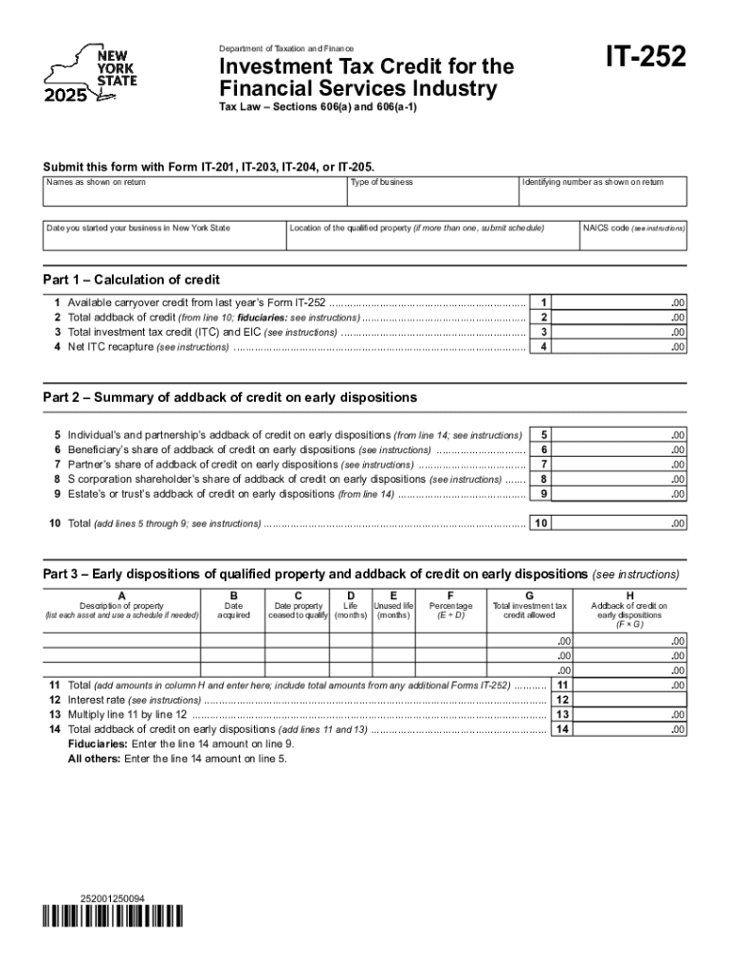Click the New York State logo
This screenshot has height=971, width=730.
[x=90, y=73]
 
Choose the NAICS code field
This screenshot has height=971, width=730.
[x=633, y=236]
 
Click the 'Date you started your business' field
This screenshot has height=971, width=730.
[x=164, y=236]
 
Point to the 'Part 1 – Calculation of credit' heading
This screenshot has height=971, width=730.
[x=132, y=280]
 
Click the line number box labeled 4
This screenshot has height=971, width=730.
[x=543, y=347]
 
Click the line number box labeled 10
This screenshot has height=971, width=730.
[x=540, y=523]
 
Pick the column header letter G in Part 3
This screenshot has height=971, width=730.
[x=529, y=595]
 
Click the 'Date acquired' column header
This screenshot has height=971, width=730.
[x=233, y=611]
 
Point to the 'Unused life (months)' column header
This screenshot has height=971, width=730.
[x=393, y=611]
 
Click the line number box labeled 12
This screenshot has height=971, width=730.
[x=562, y=700]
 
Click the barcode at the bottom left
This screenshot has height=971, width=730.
[x=113, y=918]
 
